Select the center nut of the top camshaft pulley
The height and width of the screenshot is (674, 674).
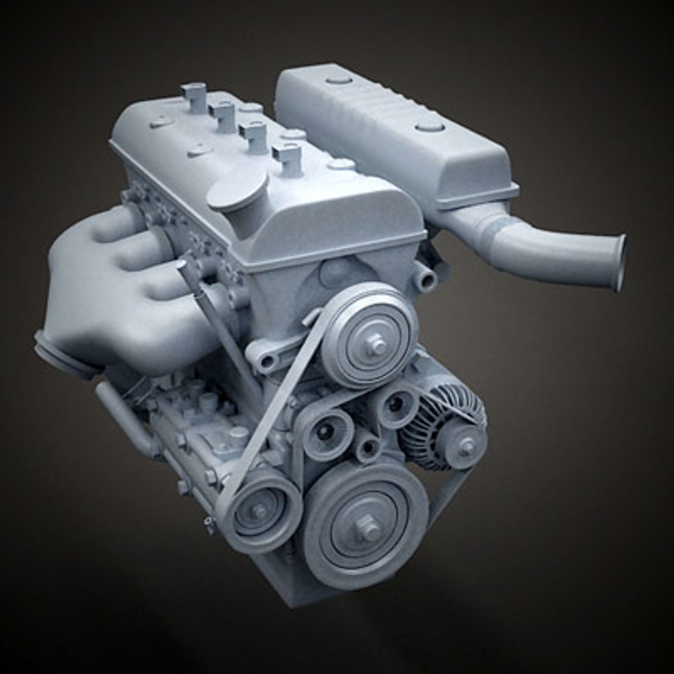tap(376, 343)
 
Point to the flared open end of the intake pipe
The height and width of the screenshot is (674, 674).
tap(618, 262)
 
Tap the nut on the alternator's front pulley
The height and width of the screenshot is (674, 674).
tap(466, 446)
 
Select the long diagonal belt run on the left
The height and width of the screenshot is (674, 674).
tap(275, 406)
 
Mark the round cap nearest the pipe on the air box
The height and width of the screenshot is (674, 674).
tap(429, 127)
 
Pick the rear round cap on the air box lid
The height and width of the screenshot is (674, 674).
tap(339, 79)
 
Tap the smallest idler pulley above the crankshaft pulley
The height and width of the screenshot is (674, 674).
tap(367, 447)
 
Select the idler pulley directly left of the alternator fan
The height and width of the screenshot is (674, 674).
tap(394, 405)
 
